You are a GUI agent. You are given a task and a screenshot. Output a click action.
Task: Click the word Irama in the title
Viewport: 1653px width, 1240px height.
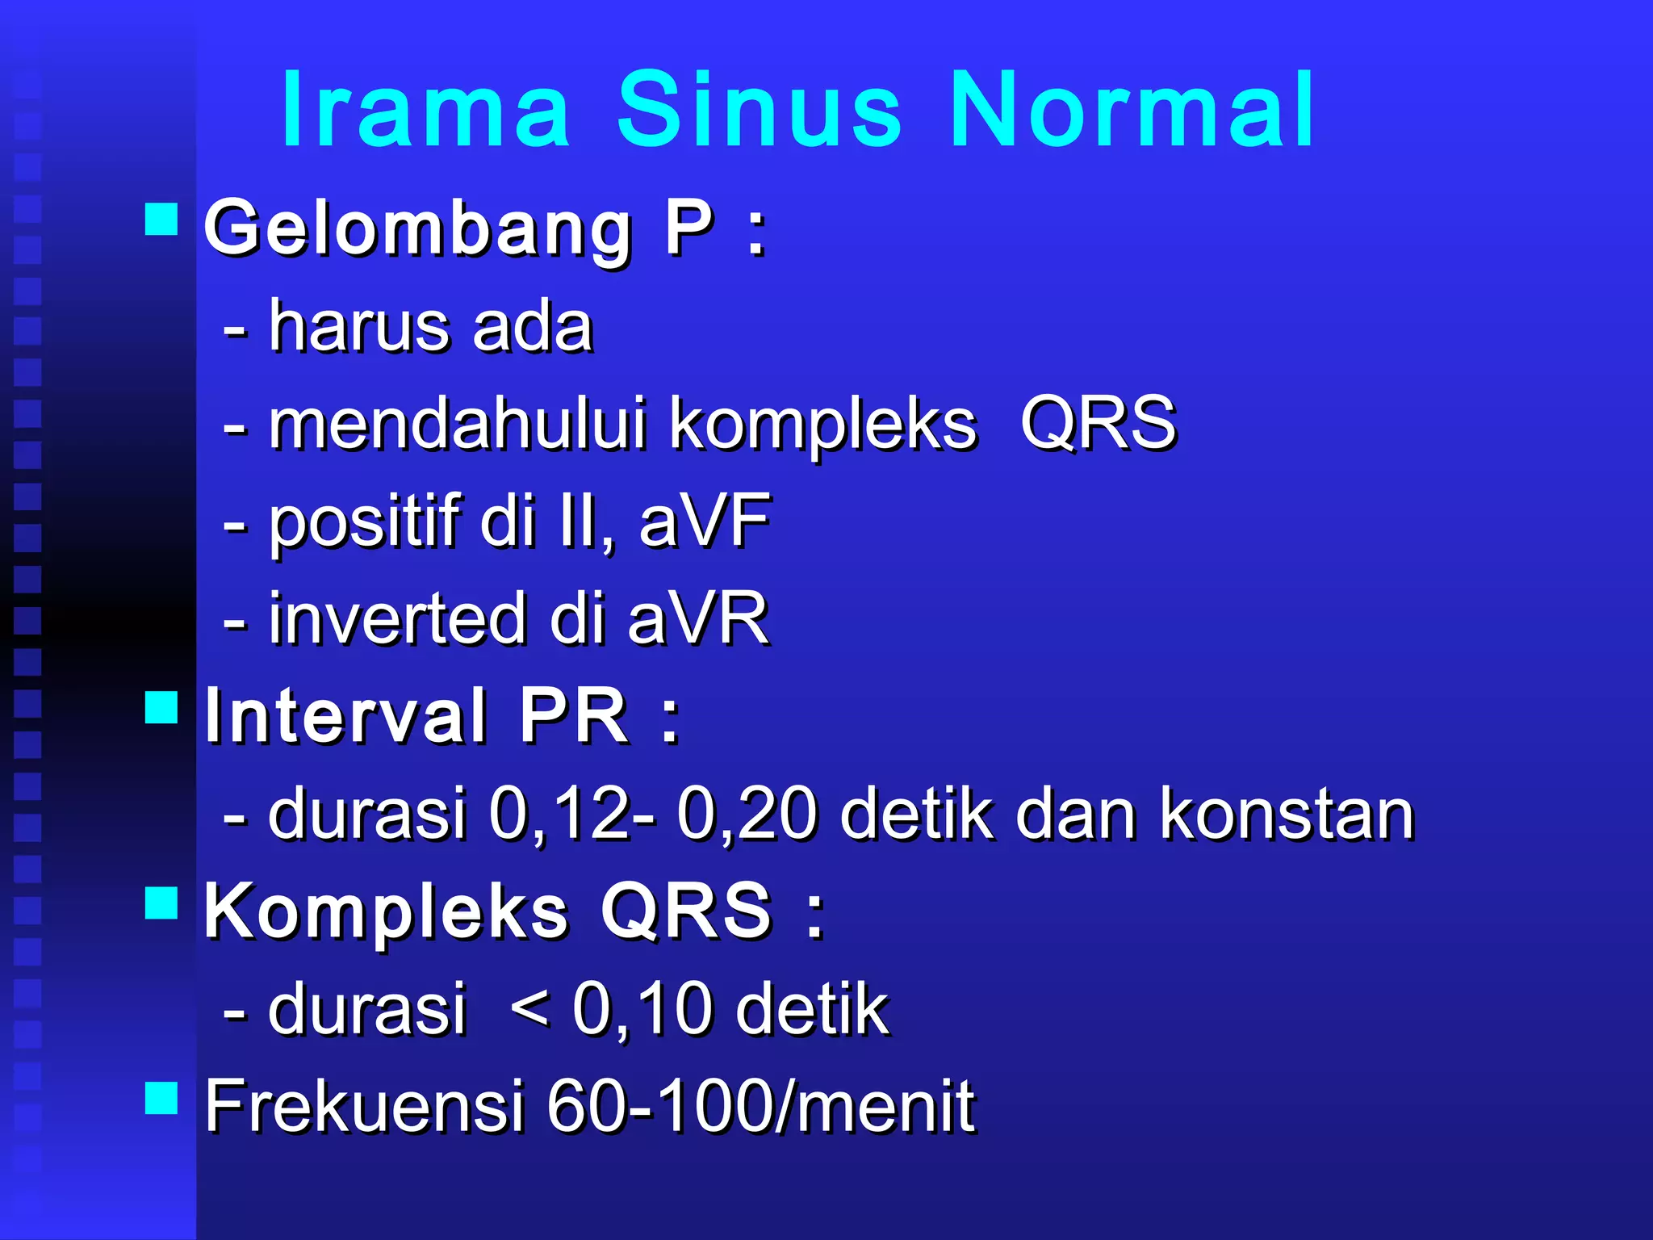(425, 110)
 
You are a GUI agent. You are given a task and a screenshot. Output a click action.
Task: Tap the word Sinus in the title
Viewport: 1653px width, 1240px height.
(759, 110)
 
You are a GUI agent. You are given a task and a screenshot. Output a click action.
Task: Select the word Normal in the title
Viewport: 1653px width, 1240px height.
(1132, 110)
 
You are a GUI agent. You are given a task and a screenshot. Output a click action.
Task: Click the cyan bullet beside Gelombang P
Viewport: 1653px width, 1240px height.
(161, 219)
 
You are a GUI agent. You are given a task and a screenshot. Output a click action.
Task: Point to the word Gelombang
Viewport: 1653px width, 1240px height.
(418, 231)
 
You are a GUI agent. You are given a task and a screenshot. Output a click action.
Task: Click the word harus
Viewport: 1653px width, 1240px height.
(358, 327)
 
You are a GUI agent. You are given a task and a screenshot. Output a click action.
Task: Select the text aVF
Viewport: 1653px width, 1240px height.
(705, 522)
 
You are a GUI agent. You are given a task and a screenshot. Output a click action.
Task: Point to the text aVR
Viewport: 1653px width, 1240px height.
(698, 619)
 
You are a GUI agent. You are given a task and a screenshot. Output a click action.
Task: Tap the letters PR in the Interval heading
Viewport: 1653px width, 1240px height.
(573, 716)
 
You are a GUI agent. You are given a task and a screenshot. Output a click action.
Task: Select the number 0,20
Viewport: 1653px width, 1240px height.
(747, 815)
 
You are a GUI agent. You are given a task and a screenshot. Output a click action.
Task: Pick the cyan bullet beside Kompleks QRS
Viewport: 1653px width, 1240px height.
(161, 903)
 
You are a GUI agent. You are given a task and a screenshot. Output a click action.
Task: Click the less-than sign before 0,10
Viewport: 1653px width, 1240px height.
(530, 1008)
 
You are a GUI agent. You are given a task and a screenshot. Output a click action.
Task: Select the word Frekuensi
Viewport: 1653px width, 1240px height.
(365, 1107)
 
